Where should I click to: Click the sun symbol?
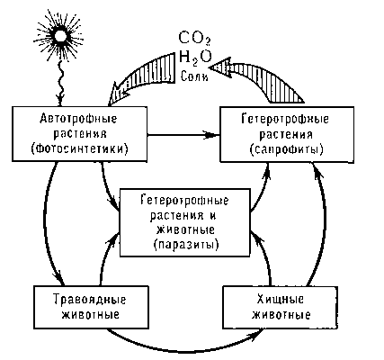tap(59, 35)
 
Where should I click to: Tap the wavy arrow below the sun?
tap(61, 84)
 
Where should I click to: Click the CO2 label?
tap(194, 39)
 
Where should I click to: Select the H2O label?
tap(195, 57)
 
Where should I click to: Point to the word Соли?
tap(194, 76)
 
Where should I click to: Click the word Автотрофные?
tap(78, 119)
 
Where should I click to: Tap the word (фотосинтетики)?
tap(79, 149)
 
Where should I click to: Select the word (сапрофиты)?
tap(287, 149)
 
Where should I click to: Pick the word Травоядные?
tap(90, 300)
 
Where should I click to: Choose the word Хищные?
tap(281, 300)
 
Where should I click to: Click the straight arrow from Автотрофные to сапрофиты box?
tap(183, 135)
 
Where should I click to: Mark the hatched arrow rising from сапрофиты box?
tap(263, 76)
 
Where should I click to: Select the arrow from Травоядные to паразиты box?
tap(105, 258)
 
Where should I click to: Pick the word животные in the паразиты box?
tap(186, 230)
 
